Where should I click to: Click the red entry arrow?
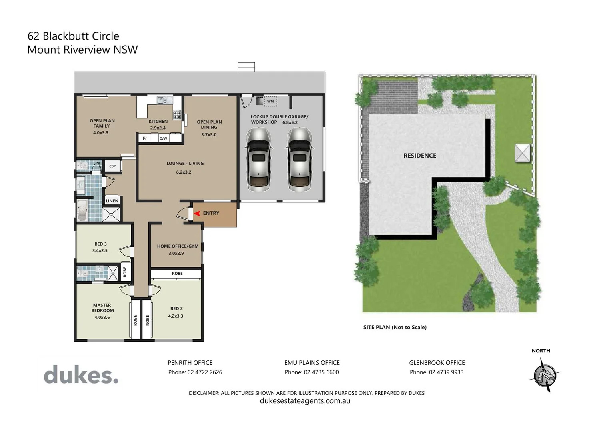[x=196, y=214]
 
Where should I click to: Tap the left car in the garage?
[x=258, y=159]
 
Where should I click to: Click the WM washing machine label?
[x=270, y=102]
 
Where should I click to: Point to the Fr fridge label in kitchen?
[x=145, y=138]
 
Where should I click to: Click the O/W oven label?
[x=163, y=138]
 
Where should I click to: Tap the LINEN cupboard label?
[x=112, y=201]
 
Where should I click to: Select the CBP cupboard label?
[x=112, y=166]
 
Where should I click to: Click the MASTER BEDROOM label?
[x=102, y=308]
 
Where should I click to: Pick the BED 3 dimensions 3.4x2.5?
[x=100, y=251]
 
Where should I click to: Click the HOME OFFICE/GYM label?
[x=178, y=246]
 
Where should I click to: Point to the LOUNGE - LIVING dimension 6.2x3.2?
[x=184, y=172]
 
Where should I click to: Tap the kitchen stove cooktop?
[x=177, y=116]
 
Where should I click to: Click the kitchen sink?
[x=162, y=100]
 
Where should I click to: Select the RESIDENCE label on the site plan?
[x=419, y=156]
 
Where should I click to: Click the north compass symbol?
[x=545, y=375]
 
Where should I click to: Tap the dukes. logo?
[x=81, y=375]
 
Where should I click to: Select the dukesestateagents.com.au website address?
[x=305, y=401]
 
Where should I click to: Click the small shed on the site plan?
[x=522, y=153]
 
